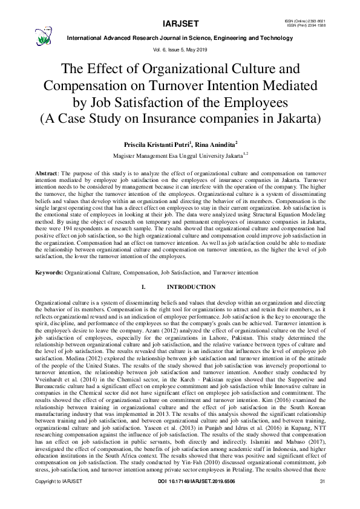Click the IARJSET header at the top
pos(179,24)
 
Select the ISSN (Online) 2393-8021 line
pos(301,20)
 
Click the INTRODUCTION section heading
pos(191,287)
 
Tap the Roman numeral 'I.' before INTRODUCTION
pos(143,287)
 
